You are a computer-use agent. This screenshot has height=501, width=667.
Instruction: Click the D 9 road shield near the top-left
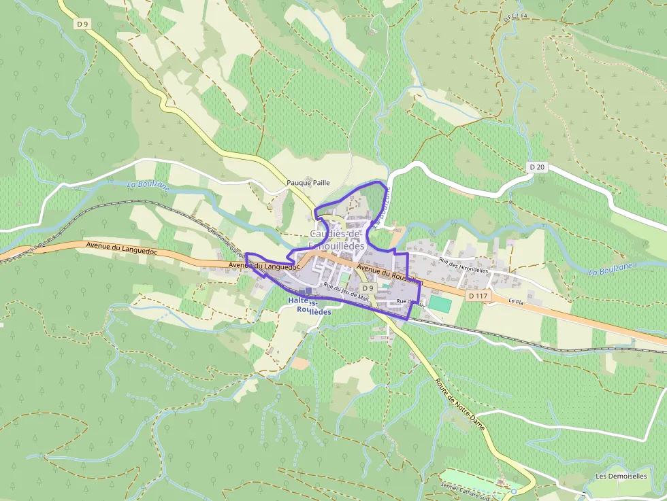pos(82,24)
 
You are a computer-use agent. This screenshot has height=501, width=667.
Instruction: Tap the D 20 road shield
pos(538,167)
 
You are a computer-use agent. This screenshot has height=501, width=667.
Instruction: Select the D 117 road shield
pos(478,296)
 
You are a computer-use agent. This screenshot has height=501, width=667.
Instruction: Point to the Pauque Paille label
pos(308,182)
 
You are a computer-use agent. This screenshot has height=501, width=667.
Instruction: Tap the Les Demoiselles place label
pos(621,477)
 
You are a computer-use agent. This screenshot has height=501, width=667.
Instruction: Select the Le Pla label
pos(516,300)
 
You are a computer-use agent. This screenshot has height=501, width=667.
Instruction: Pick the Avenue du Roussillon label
pos(391,275)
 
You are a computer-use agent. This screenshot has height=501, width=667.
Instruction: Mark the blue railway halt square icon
pos(308,290)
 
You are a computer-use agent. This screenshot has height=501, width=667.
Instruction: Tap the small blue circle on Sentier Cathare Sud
pos(514,491)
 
